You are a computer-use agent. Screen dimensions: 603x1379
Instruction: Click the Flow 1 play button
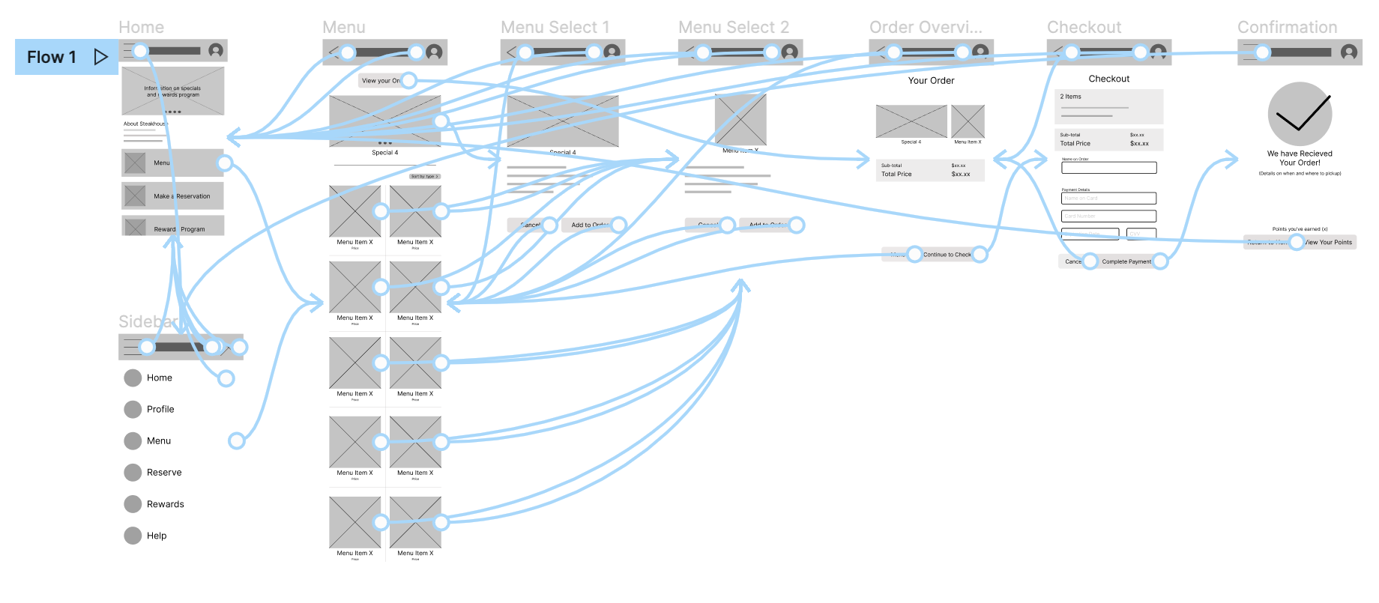100,57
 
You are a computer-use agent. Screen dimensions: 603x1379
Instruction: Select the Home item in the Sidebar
159,378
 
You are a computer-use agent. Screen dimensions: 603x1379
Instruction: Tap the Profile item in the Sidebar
160,409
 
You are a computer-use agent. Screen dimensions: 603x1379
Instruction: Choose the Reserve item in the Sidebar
163,472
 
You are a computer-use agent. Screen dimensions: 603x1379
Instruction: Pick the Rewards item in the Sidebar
165,504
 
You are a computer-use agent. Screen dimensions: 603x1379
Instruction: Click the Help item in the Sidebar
156,536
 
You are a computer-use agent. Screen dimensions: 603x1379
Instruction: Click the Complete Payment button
1126,261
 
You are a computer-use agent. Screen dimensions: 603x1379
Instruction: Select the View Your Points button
1327,242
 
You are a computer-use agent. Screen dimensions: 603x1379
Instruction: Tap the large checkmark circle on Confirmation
1300,114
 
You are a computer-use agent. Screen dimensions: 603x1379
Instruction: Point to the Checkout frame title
1084,28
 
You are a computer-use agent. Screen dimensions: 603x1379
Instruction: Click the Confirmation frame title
1287,28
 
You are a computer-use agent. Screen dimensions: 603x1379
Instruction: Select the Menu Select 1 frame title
555,28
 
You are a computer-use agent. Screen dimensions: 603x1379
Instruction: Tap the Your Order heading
931,81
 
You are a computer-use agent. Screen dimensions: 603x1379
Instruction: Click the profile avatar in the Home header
216,50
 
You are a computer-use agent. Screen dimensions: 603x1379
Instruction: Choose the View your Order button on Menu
380,81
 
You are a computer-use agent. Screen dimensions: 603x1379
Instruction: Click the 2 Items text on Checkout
1070,97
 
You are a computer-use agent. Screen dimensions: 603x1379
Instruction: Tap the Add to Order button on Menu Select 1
588,225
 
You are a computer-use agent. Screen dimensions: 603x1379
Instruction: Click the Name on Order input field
1108,168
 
